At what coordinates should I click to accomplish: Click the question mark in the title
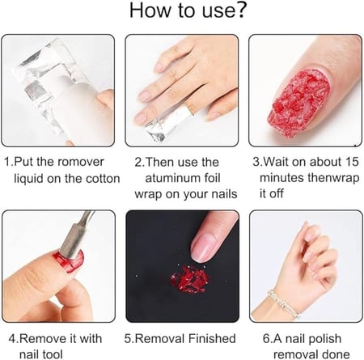coord(239,10)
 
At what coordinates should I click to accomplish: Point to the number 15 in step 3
coord(352,162)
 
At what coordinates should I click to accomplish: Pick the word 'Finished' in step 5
coord(212,338)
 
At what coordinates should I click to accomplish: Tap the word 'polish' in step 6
coord(326,339)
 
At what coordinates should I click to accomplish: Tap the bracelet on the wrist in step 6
coord(284,303)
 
